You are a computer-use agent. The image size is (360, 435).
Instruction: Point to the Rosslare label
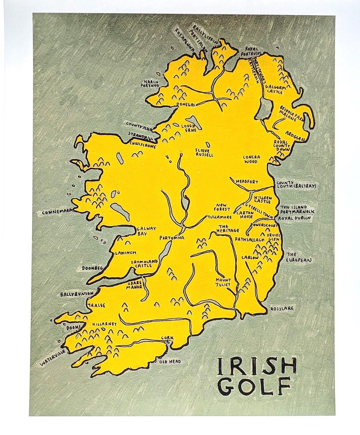pyautogui.click(x=282, y=308)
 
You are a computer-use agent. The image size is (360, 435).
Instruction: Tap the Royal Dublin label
pyautogui.click(x=293, y=218)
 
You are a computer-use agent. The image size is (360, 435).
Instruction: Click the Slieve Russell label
pyautogui.click(x=204, y=153)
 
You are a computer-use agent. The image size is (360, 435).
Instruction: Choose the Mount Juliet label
pyautogui.click(x=223, y=282)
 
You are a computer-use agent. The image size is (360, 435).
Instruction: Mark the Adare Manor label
pyautogui.click(x=135, y=286)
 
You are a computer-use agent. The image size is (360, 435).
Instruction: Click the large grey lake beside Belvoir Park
pyautogui.click(x=265, y=110)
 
